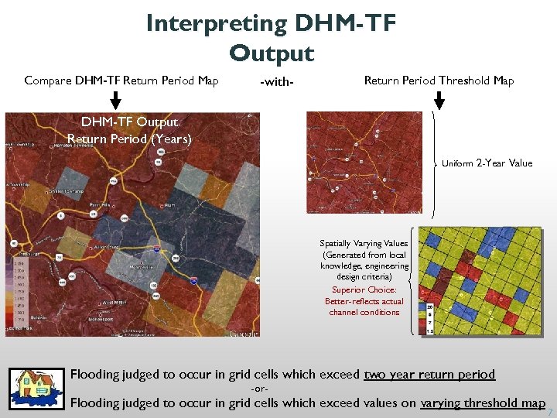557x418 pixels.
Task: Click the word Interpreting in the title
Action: (216, 24)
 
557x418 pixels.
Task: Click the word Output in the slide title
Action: (272, 53)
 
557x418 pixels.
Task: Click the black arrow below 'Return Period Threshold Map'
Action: (439, 100)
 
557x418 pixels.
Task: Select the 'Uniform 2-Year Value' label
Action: (487, 163)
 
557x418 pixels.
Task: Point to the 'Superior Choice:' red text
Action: (364, 290)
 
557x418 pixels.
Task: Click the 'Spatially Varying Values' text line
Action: (364, 243)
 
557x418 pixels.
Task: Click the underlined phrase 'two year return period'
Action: (429, 375)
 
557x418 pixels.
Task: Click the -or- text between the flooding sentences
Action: (261, 389)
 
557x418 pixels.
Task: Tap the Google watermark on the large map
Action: (243, 333)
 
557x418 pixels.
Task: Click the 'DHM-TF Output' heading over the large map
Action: (129, 122)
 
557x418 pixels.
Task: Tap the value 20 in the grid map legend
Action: (429, 307)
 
